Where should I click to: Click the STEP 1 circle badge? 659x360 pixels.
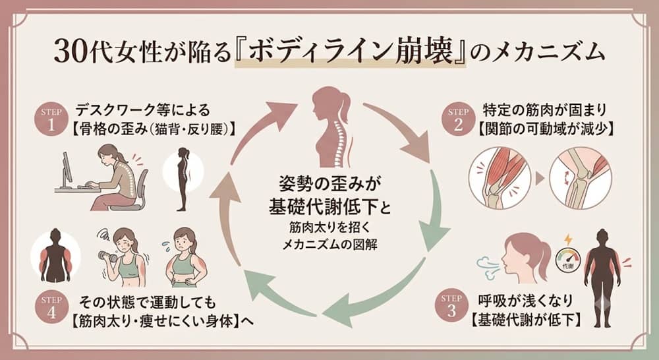pos(51,120)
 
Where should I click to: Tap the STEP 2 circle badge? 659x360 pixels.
pos(458,120)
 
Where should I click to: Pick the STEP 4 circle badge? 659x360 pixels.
pos(51,308)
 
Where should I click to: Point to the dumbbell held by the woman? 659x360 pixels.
pos(105,255)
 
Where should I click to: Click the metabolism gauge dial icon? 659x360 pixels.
pos(568,259)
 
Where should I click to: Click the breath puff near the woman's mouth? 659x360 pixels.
pos(489,268)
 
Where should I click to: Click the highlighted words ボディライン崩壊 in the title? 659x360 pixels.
pos(350,52)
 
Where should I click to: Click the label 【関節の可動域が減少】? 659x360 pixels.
pos(546,129)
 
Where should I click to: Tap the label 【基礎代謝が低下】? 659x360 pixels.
pos(526,320)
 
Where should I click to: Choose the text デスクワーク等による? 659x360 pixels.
pos(142,110)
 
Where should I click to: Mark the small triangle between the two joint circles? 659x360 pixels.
pos(540,179)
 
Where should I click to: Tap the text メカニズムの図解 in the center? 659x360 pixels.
pos(329,245)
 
